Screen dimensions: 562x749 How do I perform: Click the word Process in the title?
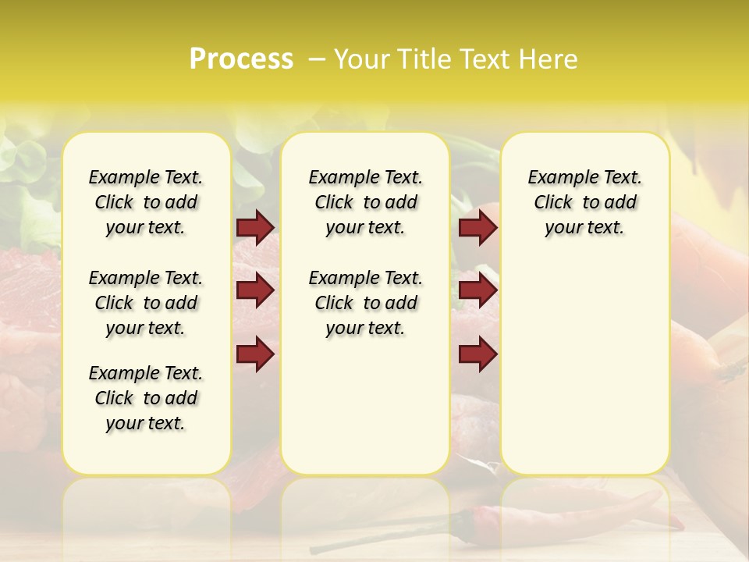tap(240, 59)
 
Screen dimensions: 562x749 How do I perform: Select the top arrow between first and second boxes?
tap(255, 228)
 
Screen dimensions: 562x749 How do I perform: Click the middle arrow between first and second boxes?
tap(255, 291)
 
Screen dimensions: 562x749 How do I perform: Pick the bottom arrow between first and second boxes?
tap(255, 354)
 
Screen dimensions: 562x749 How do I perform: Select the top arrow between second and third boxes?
tap(477, 228)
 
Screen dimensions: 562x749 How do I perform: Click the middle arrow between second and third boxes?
tap(477, 291)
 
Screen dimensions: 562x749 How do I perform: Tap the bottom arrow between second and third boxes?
tap(477, 354)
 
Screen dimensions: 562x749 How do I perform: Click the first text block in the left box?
tap(146, 202)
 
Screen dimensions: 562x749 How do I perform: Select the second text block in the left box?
tap(146, 303)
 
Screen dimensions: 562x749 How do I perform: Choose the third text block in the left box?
tap(146, 398)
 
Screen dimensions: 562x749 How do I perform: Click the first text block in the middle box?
tap(365, 202)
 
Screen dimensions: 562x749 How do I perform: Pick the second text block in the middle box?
tap(365, 303)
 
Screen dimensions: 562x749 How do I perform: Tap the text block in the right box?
tap(584, 202)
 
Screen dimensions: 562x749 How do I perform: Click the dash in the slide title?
tap(317, 59)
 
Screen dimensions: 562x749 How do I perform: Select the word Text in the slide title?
tap(484, 59)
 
